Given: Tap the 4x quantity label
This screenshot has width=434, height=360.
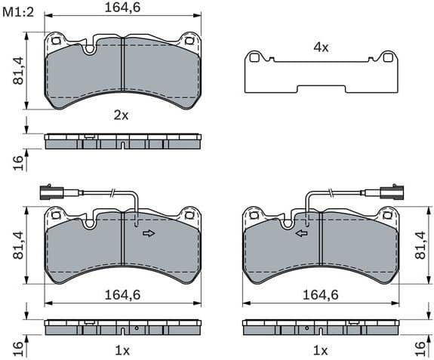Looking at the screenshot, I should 321,47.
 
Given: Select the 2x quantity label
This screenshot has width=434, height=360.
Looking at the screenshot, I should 122,115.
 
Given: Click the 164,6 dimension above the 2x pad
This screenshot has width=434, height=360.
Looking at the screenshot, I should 123,8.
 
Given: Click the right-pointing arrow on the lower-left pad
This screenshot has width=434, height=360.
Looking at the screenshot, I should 149,233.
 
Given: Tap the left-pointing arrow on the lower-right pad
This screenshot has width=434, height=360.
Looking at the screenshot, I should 301,233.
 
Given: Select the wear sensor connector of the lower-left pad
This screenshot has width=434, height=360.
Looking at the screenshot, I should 49,191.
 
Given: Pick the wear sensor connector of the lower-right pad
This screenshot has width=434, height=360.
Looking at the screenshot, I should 391,191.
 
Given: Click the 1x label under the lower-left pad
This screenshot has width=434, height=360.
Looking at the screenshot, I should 122,350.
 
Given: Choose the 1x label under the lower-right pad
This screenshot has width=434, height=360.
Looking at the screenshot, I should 321,350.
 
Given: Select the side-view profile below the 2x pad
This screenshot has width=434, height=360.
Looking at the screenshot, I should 123,141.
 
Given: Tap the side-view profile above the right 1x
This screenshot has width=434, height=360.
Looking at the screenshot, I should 321,328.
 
